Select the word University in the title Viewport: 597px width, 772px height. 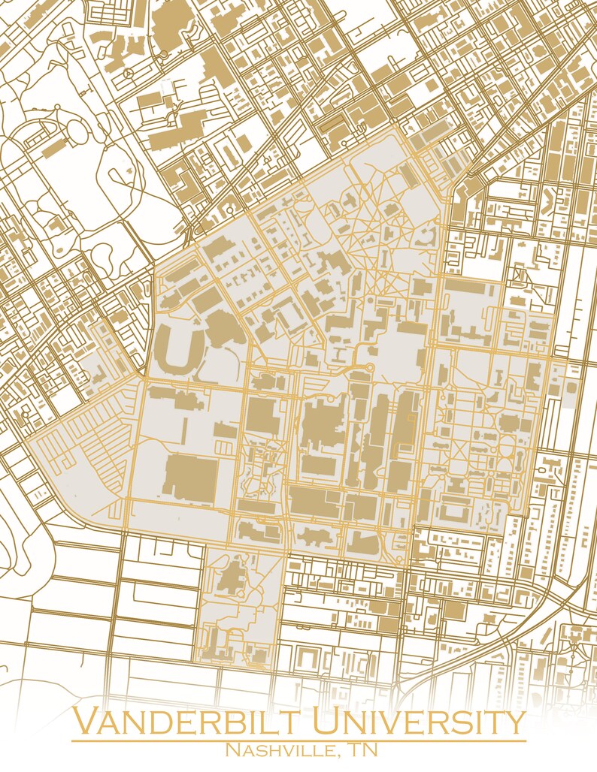point(419,722)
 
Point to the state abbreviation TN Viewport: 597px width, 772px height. point(363,750)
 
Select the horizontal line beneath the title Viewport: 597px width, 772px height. point(298,741)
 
